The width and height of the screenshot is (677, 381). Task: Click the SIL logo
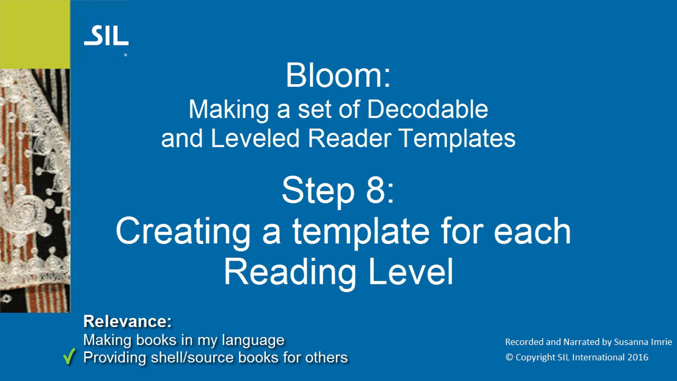[x=106, y=36]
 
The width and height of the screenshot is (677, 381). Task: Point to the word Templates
[x=457, y=139]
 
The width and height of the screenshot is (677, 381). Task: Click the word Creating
[x=183, y=232]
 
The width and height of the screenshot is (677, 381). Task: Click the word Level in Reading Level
[x=411, y=271]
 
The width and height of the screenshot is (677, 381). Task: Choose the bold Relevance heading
[x=127, y=321]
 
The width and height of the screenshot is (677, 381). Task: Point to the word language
[x=253, y=340]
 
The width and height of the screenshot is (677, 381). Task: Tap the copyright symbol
[x=509, y=357]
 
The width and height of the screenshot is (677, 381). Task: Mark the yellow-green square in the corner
[x=35, y=34]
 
